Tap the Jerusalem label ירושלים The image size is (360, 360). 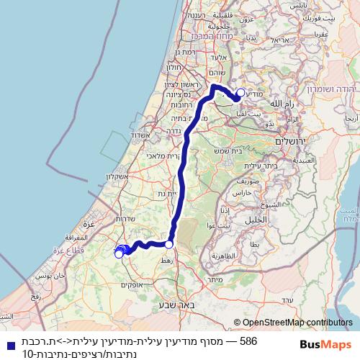(292, 142)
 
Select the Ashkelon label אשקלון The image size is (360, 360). (116, 177)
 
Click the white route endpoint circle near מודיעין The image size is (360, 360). (241, 92)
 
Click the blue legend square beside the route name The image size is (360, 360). (8, 342)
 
